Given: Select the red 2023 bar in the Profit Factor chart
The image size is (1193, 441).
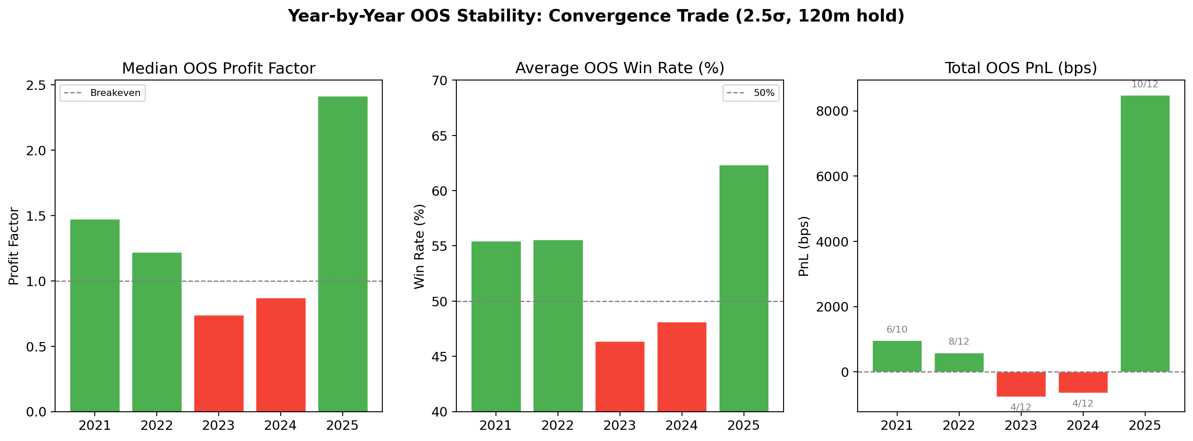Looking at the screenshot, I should (219, 363).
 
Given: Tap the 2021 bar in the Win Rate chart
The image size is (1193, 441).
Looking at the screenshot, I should (496, 326).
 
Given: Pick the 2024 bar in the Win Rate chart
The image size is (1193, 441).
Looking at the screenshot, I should (682, 367).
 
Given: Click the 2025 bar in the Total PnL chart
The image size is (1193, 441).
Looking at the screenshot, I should (1145, 234).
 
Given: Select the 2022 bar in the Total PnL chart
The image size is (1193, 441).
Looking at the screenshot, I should (959, 362).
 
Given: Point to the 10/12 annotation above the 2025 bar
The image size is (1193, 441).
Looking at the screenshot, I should (1145, 84).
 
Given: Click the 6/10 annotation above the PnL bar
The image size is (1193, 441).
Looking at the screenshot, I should (897, 330).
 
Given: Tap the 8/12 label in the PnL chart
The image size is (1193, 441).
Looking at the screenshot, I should (959, 342).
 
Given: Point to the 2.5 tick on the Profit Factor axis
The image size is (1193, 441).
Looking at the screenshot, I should (36, 86).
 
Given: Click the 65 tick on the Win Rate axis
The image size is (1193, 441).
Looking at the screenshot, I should (440, 136).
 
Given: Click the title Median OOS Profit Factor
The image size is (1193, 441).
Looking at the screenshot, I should (219, 68).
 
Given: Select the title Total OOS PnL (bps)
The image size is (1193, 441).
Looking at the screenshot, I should (1021, 68).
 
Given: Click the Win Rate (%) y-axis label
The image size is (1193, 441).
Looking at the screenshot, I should (419, 246).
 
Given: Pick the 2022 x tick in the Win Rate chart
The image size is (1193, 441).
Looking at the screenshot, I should (558, 425).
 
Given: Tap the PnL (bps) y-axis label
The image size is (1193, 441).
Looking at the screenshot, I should (804, 246).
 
